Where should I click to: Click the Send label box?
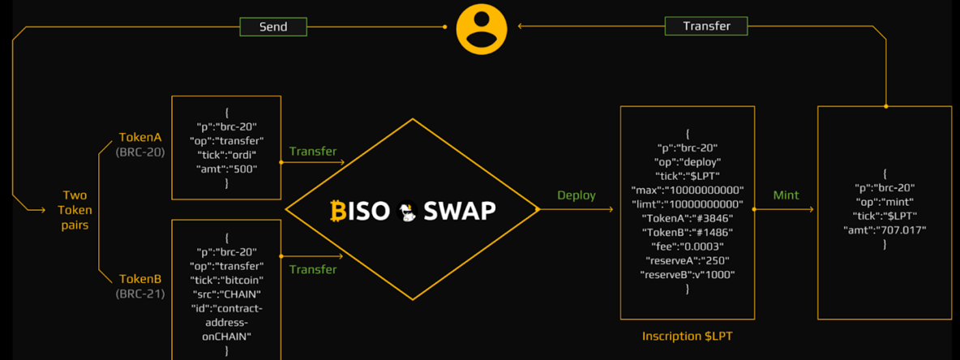(273, 27)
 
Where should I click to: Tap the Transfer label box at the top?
(706, 26)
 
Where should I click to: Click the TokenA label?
(140, 138)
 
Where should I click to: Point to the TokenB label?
(140, 279)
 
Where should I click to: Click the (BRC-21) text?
(140, 294)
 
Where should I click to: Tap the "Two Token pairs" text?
(75, 210)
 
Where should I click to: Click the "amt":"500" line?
(226, 169)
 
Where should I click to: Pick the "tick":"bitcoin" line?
(226, 280)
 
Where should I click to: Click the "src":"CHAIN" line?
(226, 294)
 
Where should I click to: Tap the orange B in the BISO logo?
(338, 211)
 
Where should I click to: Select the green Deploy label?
(576, 195)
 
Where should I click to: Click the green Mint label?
(786, 195)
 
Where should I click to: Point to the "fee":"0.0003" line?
(687, 246)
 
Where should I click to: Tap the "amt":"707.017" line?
(884, 229)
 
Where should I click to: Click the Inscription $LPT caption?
(687, 336)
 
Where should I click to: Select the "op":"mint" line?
(884, 202)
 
